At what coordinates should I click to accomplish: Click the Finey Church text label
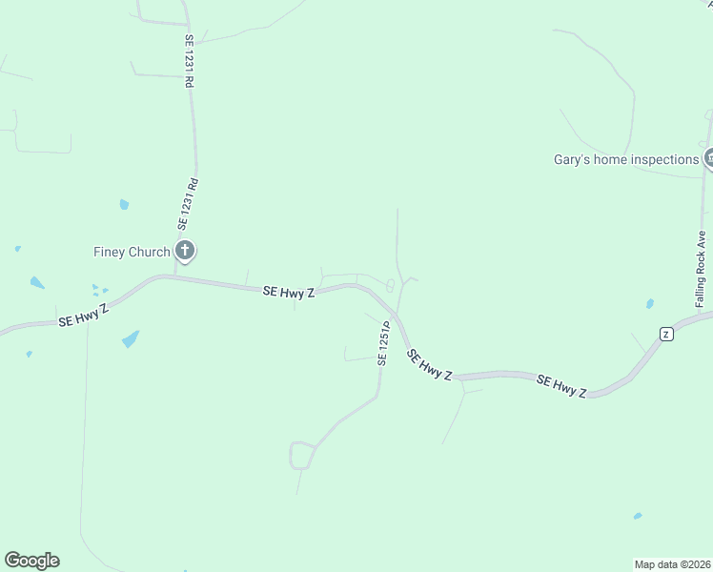132,252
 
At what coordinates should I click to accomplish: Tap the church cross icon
185,252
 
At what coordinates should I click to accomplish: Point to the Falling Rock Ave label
701,269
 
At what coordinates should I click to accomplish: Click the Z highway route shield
666,333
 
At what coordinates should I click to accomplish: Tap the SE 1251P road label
384,343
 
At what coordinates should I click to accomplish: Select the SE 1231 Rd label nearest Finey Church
188,203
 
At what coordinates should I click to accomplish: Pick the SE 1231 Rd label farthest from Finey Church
189,62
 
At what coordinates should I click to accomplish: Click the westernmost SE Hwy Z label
84,315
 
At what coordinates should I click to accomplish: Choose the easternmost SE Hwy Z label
560,386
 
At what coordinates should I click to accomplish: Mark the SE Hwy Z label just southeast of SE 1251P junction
429,365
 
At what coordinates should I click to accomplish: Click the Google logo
31,561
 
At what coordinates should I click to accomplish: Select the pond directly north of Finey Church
124,204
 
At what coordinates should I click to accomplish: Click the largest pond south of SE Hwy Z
131,338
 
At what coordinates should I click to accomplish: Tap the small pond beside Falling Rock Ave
649,304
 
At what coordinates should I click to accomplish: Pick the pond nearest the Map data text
637,516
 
